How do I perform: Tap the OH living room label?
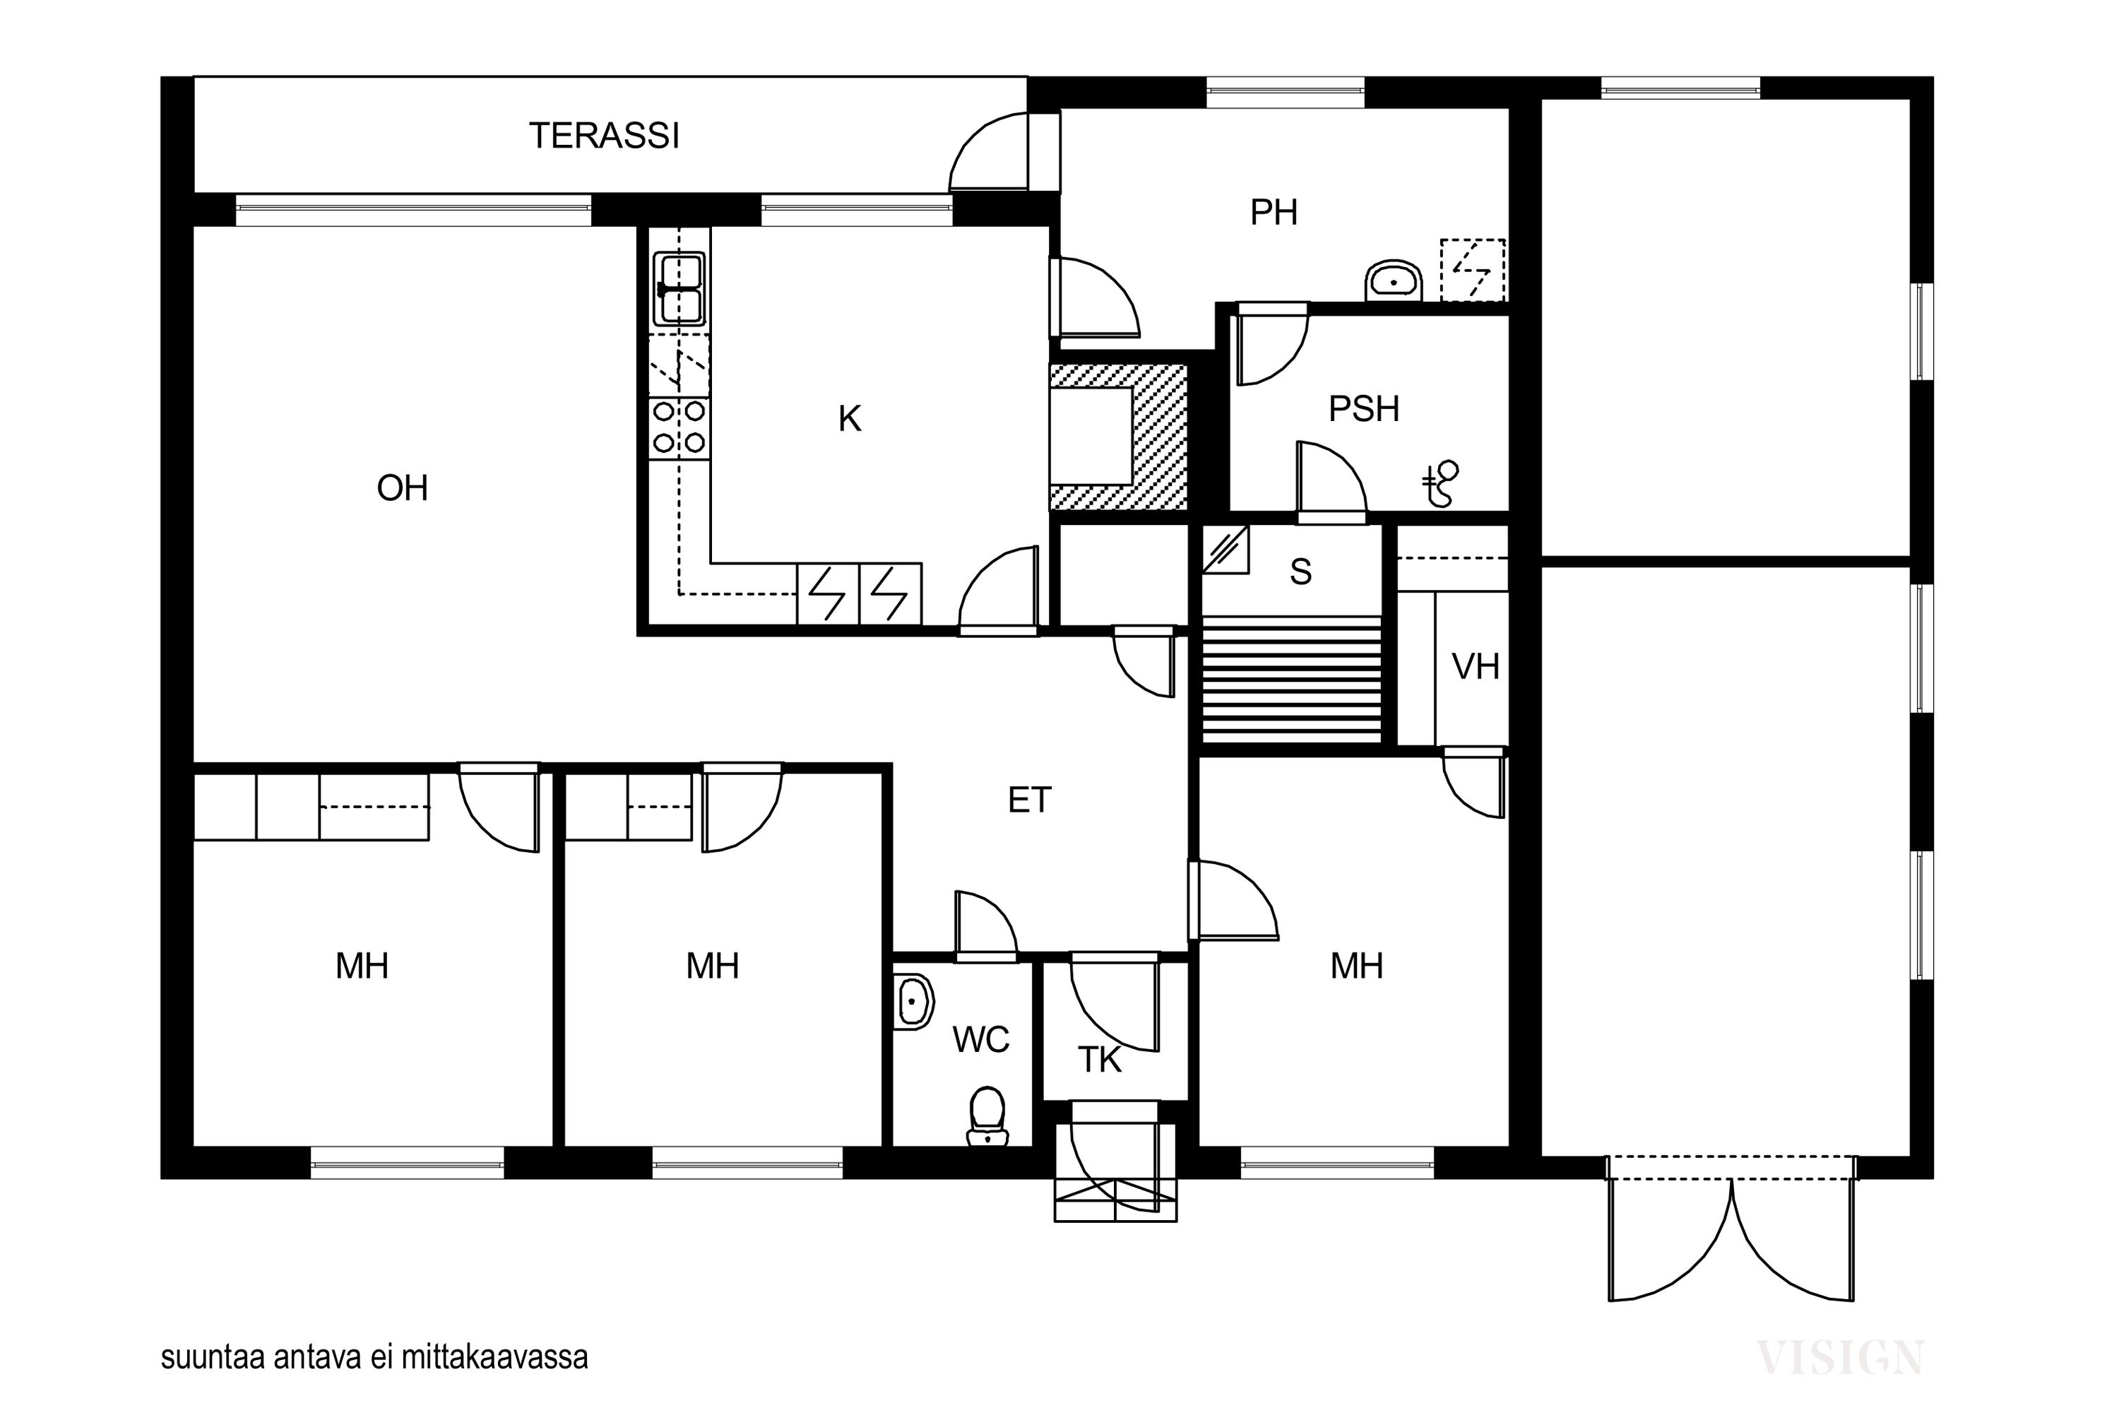click(402, 488)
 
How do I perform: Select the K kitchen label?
click(850, 419)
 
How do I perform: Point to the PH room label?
click(1274, 213)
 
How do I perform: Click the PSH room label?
click(1364, 409)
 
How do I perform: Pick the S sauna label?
click(1300, 572)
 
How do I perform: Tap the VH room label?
click(1476, 667)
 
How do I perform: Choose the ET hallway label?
click(1029, 800)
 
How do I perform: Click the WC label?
click(981, 1040)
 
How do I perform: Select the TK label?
click(1099, 1060)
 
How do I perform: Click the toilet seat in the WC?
click(987, 1116)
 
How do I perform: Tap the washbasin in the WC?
click(913, 1001)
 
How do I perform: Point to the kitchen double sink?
click(679, 288)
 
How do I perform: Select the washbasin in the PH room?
click(1394, 281)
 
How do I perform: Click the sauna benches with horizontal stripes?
click(1292, 680)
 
